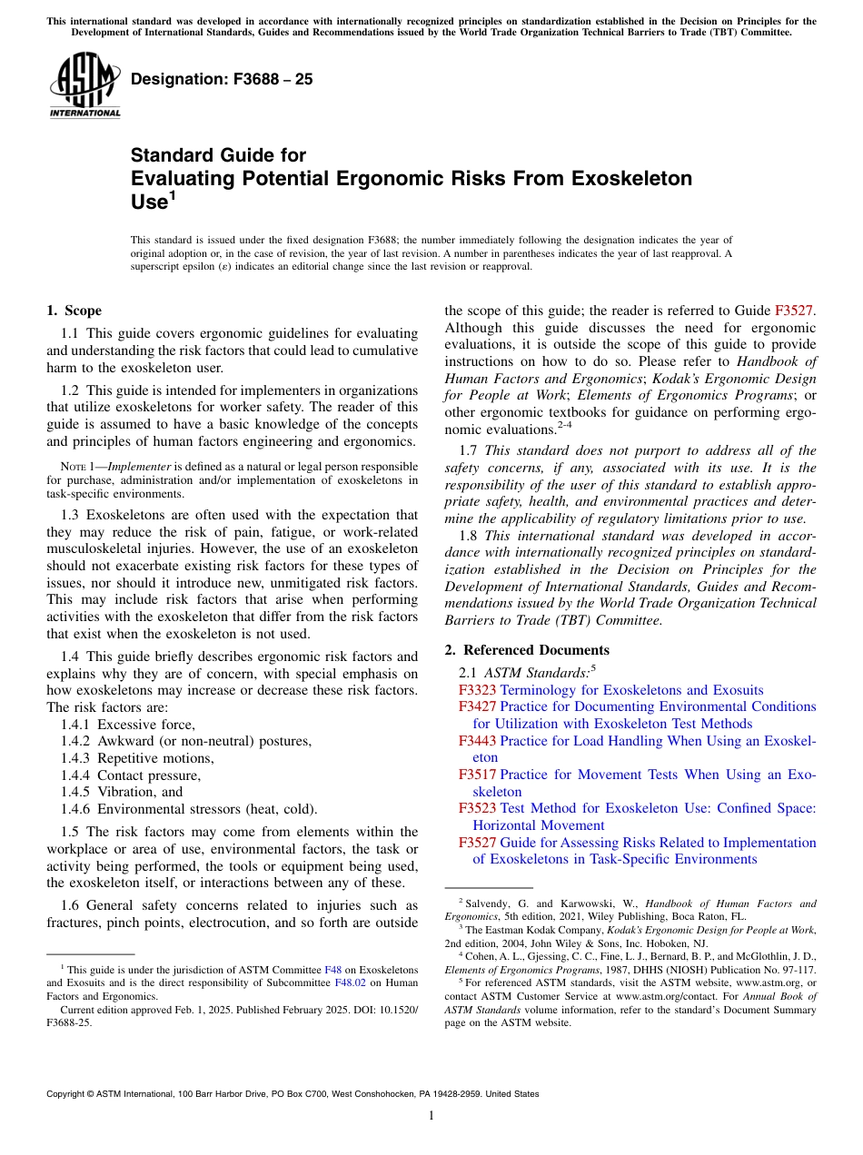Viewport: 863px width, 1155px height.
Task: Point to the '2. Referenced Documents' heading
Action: (527, 650)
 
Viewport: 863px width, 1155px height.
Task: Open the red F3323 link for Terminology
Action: (478, 690)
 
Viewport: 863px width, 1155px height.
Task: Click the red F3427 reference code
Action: (478, 706)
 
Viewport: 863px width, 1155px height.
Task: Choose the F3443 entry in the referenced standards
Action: (478, 741)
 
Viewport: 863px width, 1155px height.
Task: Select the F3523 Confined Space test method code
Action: (478, 808)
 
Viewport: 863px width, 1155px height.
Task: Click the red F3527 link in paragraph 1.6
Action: (794, 311)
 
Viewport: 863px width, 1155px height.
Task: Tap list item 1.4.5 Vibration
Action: (122, 792)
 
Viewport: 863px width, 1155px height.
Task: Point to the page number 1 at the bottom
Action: (431, 1115)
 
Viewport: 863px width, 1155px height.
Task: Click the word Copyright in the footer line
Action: (69, 1094)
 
